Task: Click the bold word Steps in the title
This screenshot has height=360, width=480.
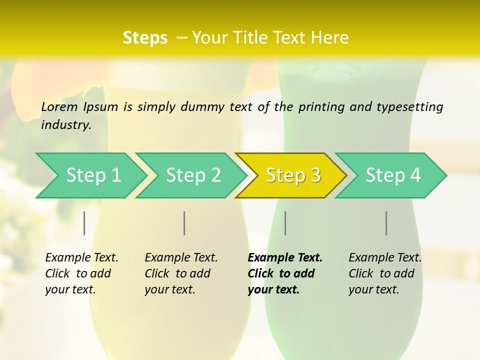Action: point(145,38)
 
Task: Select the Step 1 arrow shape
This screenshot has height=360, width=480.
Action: point(93,175)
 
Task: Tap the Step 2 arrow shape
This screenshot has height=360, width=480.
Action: point(193,175)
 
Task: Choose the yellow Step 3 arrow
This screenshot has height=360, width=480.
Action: point(293,175)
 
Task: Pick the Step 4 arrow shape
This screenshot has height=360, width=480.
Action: point(393,175)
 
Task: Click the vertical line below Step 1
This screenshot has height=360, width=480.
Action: point(84,223)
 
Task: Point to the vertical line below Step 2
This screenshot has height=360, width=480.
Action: point(184,223)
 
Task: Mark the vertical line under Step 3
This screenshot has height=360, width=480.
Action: point(285,223)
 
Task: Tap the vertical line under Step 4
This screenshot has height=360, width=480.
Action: point(386,223)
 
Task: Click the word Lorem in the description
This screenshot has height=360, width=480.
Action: point(59,107)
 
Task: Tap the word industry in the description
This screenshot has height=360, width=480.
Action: point(66,125)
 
